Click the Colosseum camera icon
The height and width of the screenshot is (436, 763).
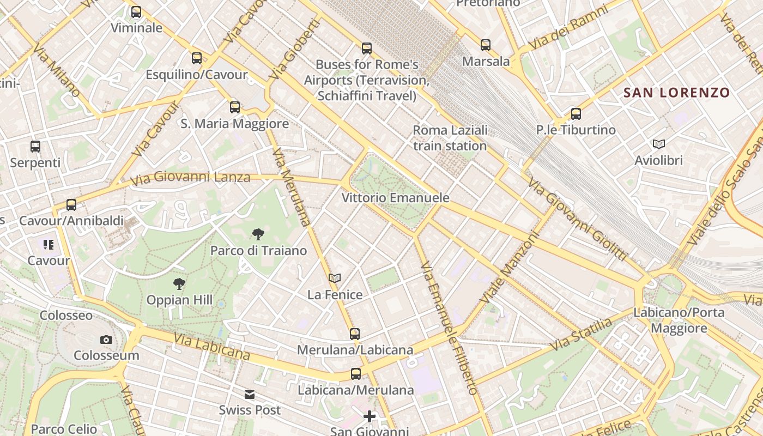tap(106, 340)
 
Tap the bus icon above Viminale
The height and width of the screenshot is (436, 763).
tap(136, 11)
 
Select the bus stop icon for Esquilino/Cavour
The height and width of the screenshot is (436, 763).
tap(197, 58)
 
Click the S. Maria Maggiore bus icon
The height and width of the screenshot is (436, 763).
tap(235, 107)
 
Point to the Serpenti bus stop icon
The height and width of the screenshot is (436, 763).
tap(35, 147)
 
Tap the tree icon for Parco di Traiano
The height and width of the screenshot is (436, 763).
tap(258, 234)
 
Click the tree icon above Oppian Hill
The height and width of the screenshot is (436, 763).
tap(179, 284)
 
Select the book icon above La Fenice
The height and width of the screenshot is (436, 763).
tap(335, 278)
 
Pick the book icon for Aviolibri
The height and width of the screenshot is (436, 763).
tap(659, 144)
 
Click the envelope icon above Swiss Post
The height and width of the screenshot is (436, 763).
tap(250, 394)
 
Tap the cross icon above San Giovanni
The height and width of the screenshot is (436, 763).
tap(370, 417)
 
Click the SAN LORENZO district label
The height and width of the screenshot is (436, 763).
tap(676, 93)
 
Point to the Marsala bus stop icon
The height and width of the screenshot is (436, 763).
tap(486, 45)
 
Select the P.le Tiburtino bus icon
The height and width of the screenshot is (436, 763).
tap(576, 114)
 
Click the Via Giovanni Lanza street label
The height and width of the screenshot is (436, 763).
tap(190, 178)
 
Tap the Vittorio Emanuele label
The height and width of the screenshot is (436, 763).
tap(395, 198)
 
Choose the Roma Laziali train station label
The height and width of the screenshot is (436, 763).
tap(450, 138)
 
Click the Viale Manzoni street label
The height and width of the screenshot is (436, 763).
tap(510, 268)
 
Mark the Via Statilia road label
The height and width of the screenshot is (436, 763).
tap(581, 335)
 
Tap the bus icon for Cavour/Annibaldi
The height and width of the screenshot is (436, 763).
tap(71, 205)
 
